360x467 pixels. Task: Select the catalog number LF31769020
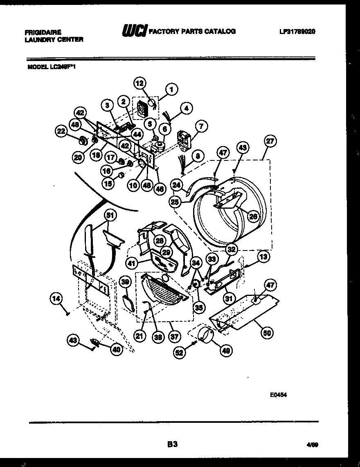[297, 32]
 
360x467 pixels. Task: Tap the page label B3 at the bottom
[173, 443]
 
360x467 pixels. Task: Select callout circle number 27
[270, 142]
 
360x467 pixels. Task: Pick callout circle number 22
[61, 131]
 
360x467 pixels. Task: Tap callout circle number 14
[57, 300]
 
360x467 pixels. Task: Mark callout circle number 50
[268, 332]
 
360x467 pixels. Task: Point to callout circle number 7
[200, 126]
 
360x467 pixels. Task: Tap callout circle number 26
[253, 217]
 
